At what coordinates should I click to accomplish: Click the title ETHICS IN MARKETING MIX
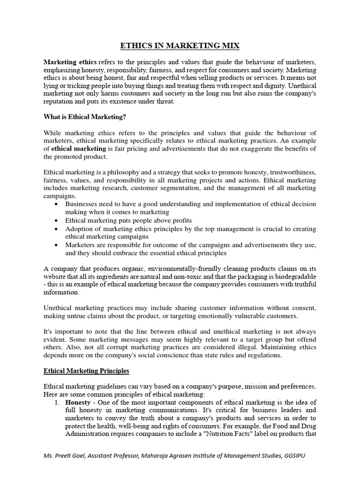coord(180,46)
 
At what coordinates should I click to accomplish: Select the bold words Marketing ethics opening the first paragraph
coord(70,62)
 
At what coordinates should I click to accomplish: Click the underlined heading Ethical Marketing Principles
coord(86,371)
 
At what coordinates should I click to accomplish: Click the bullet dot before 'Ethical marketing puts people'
coord(57,220)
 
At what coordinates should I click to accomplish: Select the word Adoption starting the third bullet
coord(79,228)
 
